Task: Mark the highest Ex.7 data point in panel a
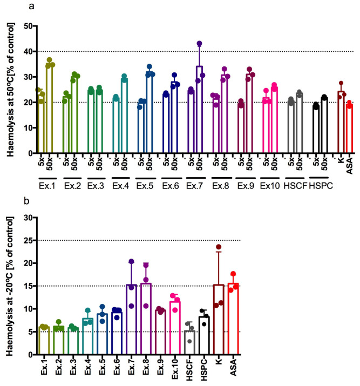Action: click(x=199, y=44)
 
